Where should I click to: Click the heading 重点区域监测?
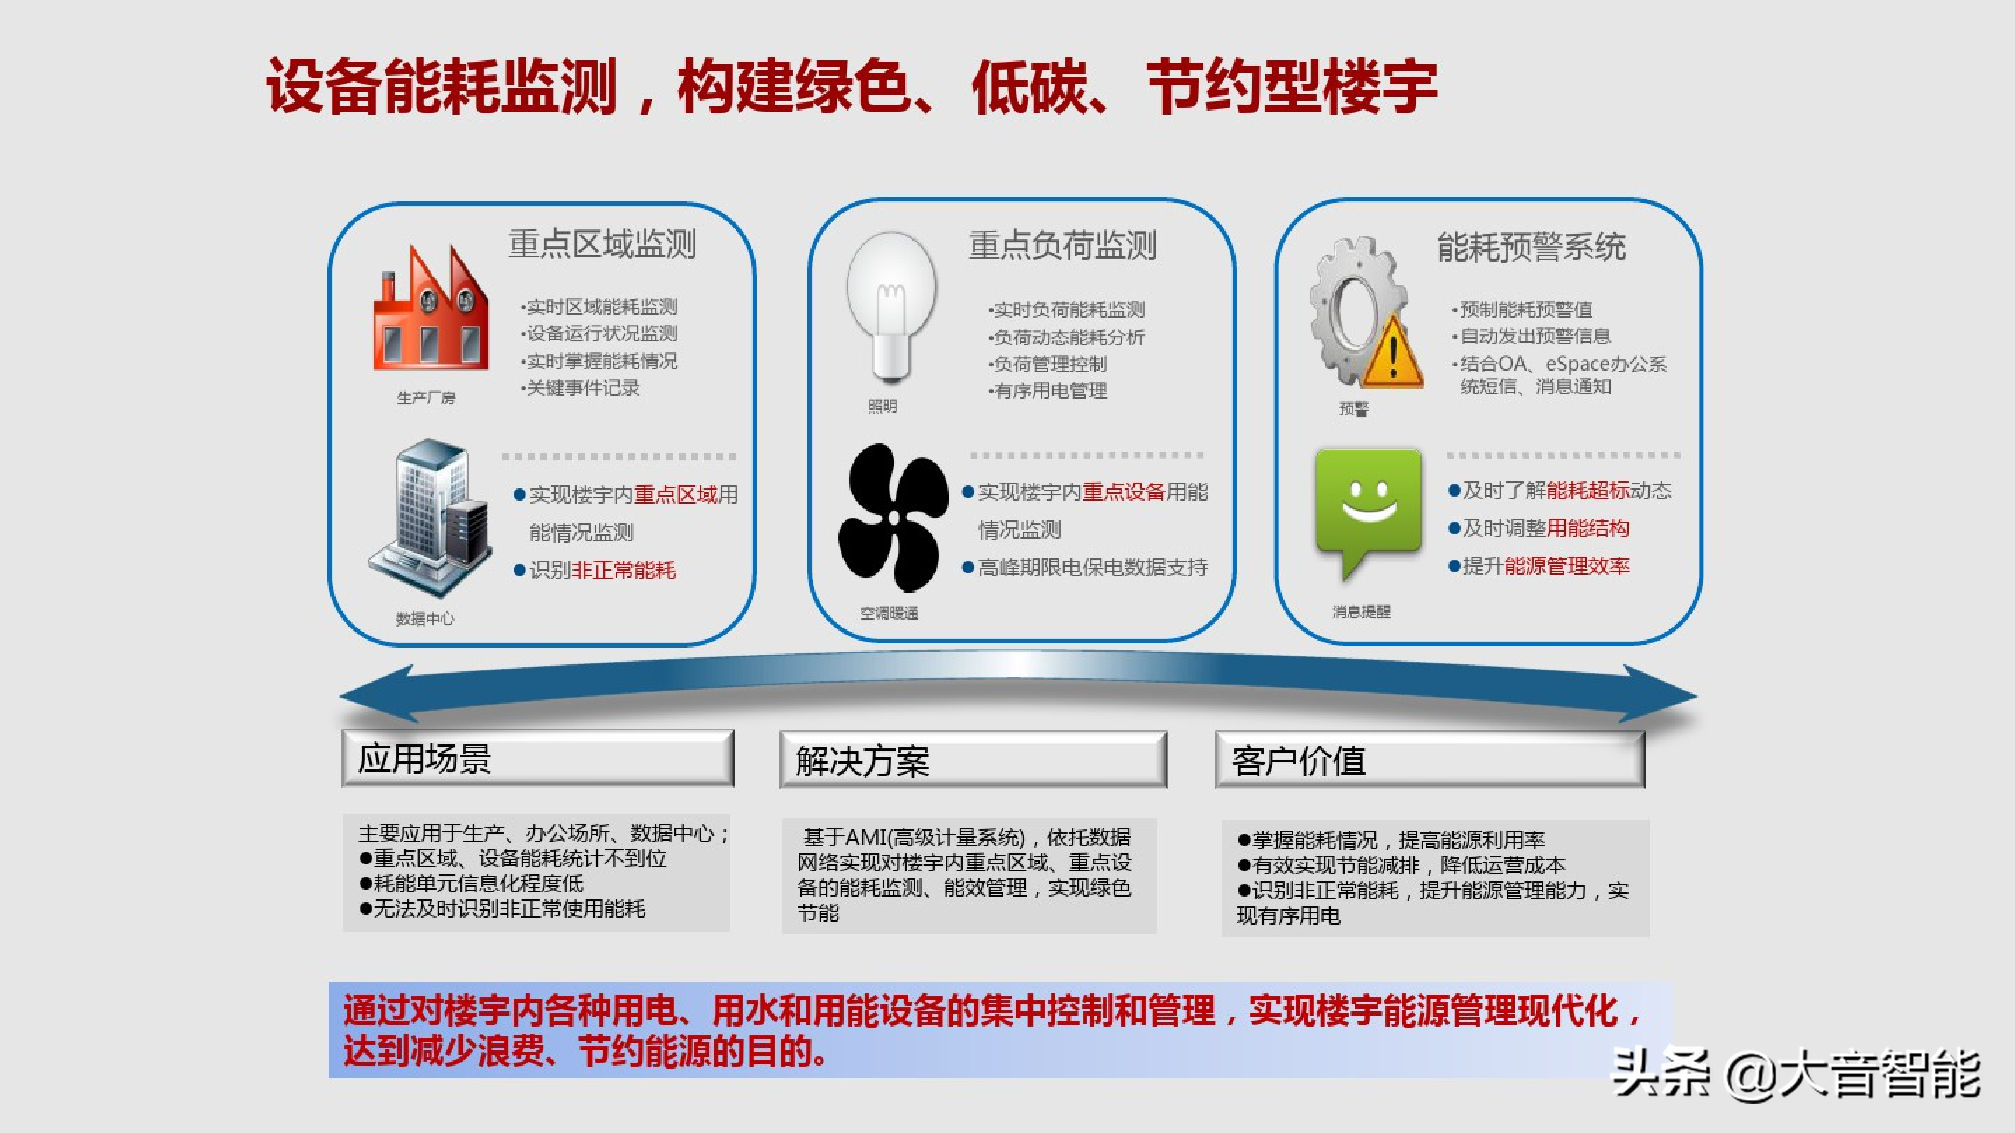(x=602, y=244)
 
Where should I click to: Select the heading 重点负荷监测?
(x=1062, y=245)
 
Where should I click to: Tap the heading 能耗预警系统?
(x=1532, y=247)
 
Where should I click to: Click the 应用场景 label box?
(x=538, y=758)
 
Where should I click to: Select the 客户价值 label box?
(x=1430, y=759)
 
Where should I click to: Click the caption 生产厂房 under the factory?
(x=425, y=398)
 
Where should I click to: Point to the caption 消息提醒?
(x=1361, y=612)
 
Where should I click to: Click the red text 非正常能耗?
(x=623, y=570)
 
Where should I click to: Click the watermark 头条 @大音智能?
(x=1797, y=1074)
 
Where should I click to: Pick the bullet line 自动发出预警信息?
(x=1532, y=336)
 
